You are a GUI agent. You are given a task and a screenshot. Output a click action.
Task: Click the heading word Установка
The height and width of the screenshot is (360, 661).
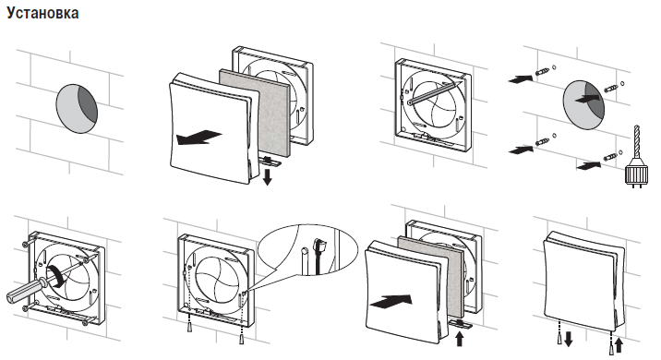(x=42, y=13)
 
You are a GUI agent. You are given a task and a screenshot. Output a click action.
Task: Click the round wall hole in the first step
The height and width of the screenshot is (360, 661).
(x=77, y=108)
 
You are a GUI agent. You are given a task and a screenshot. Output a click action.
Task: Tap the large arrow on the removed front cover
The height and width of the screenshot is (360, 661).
(x=198, y=138)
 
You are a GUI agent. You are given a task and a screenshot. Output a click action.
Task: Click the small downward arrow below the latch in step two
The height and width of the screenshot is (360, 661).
(x=267, y=176)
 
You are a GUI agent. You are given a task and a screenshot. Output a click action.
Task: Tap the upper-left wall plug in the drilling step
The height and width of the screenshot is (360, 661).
(x=543, y=71)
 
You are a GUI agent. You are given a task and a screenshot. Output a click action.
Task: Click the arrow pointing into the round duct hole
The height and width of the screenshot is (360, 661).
(x=588, y=99)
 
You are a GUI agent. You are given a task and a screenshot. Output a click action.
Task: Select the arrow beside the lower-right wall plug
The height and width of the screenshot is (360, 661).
(x=588, y=165)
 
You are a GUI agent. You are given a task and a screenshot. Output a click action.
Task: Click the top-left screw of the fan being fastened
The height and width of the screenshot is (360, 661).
(x=26, y=244)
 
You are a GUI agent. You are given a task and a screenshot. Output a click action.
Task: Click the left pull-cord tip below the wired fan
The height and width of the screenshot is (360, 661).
(x=190, y=327)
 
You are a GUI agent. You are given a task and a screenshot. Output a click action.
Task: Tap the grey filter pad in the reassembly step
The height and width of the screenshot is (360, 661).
(x=431, y=276)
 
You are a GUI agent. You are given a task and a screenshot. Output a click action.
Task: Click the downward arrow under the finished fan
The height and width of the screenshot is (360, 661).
(x=569, y=339)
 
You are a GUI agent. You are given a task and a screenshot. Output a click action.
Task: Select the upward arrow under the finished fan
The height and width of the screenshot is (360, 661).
(x=619, y=345)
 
